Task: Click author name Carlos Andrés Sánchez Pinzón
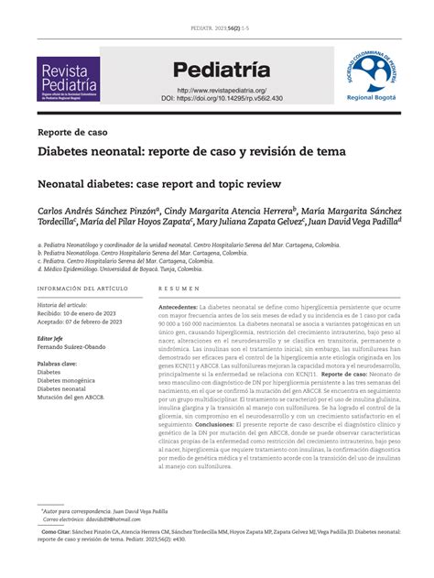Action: coord(100,210)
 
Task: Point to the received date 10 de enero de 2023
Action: coord(95,312)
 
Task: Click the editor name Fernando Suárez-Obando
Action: coord(79,346)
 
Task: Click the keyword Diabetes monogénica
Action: coord(71,380)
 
